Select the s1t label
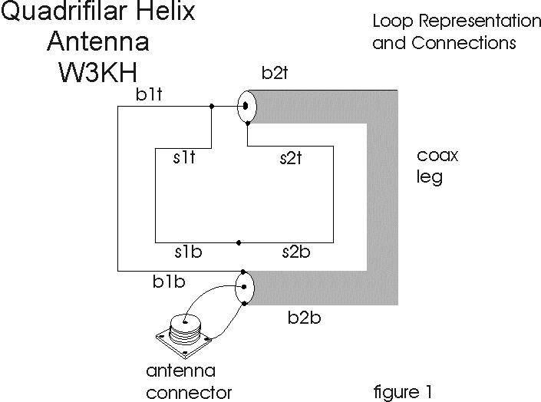point(184,158)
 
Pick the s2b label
point(294,252)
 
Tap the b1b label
point(168,282)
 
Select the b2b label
point(305,317)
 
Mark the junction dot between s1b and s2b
point(239,242)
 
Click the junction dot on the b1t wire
point(212,107)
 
